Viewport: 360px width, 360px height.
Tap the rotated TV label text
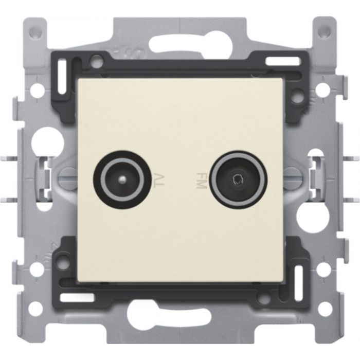coord(159,181)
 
